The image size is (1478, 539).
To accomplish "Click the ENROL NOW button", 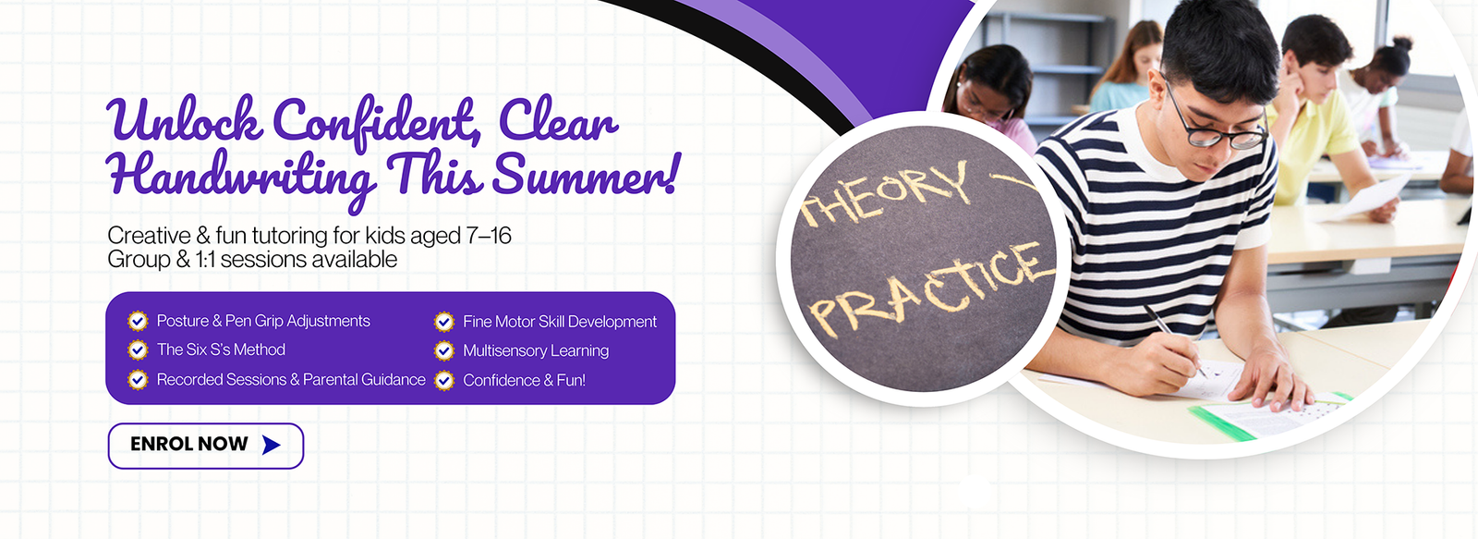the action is tap(206, 446).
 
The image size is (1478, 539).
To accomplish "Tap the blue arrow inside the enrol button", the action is tap(272, 446).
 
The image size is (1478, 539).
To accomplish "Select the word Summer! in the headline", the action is tap(585, 174).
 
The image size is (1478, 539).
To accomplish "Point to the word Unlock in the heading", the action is tap(184, 119).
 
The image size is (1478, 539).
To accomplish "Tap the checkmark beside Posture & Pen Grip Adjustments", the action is tap(138, 321).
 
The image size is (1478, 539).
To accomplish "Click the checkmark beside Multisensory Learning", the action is tap(444, 350).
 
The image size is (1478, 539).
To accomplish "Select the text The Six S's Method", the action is tap(221, 349).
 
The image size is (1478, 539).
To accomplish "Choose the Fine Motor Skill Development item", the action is tap(560, 322).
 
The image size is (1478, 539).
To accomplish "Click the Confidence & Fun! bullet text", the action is tap(524, 380).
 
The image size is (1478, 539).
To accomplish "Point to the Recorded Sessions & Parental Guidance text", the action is tap(291, 379).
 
